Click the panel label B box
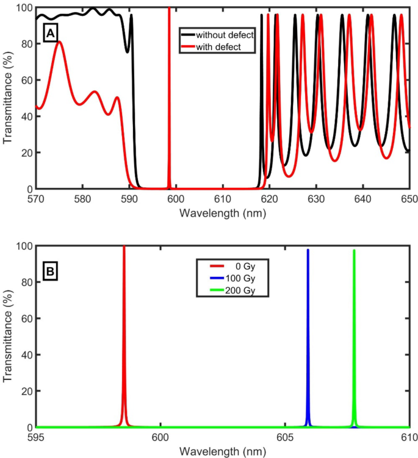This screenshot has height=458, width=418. (x=50, y=270)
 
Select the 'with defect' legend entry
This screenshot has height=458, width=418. (x=217, y=46)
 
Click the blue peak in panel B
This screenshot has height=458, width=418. (x=308, y=335)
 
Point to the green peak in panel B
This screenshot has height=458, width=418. (x=354, y=335)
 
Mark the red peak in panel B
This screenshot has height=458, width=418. (x=124, y=335)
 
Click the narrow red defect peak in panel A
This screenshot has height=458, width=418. (x=169, y=91)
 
